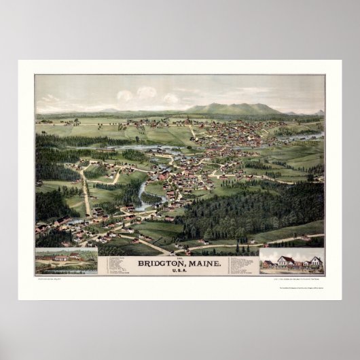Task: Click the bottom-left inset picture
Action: pos(67,261)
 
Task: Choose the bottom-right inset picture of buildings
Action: pos(291,261)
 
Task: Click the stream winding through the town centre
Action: pos(144,197)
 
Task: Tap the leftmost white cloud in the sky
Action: pos(125,95)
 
